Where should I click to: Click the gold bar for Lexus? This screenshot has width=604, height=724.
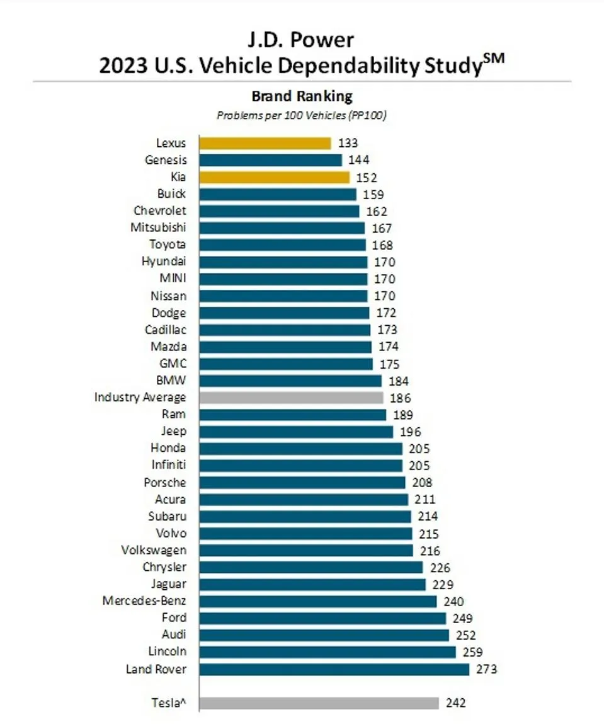(x=265, y=144)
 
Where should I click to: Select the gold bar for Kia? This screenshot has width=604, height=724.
(x=274, y=178)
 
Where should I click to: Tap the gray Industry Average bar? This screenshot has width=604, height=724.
(x=291, y=398)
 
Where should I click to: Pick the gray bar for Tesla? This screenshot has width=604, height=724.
(x=319, y=703)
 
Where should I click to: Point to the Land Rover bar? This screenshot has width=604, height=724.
(x=334, y=669)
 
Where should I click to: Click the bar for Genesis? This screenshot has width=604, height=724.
(x=270, y=161)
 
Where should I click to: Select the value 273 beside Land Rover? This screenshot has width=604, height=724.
(x=486, y=669)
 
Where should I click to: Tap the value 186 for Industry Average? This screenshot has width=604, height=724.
(x=400, y=398)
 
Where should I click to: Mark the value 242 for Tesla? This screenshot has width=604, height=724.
(x=455, y=703)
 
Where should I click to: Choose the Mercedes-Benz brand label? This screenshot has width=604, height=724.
(x=144, y=601)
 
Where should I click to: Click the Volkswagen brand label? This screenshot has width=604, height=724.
(x=154, y=550)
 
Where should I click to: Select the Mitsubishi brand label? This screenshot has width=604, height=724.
(x=158, y=228)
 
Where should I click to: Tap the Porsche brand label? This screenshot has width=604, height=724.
(x=165, y=483)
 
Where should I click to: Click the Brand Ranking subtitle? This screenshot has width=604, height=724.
(x=302, y=96)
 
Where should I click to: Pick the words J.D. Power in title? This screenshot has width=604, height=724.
(x=302, y=40)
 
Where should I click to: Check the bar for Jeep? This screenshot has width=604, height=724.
(x=296, y=432)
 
